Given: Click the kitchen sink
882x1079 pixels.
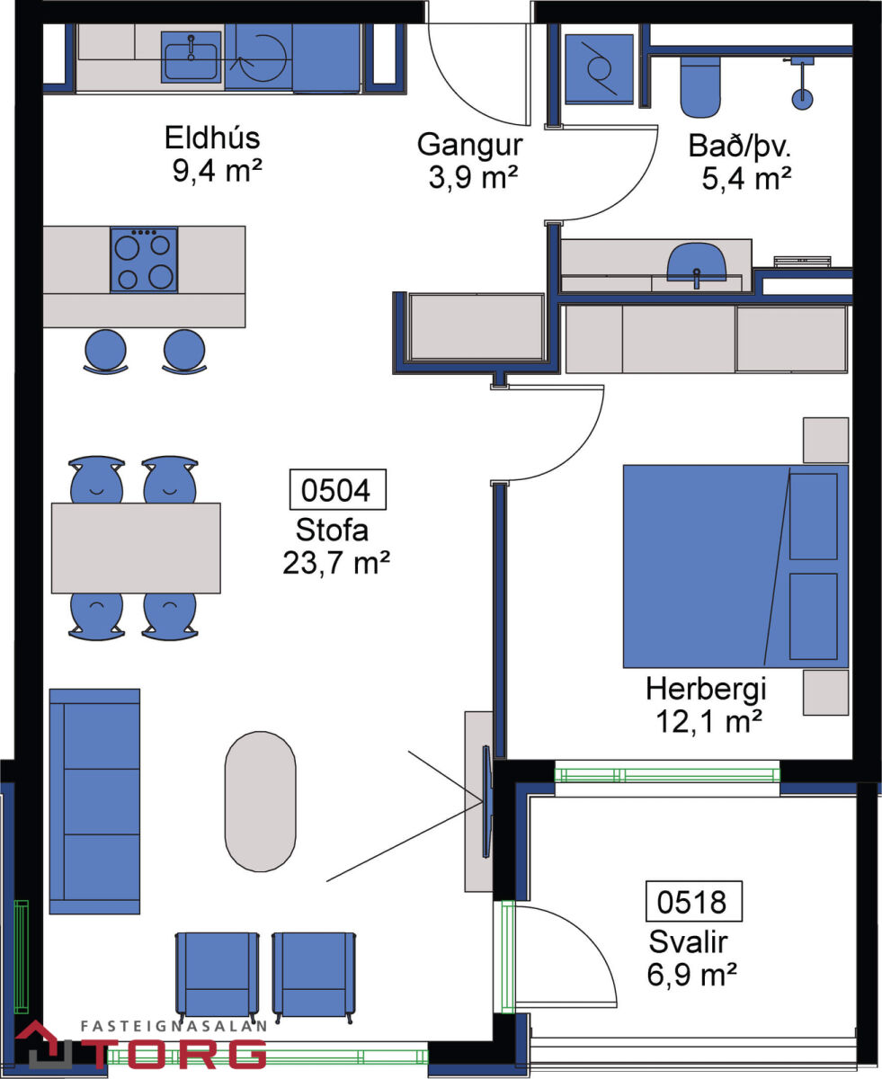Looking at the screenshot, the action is pos(191,57).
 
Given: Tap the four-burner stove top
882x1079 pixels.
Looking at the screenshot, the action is pos(144,260).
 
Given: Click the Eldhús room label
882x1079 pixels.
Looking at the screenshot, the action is pos(212,138).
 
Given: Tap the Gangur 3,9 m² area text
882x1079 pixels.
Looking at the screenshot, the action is pos(473,177).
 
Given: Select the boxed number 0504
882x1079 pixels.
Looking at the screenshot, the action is pos(338,490).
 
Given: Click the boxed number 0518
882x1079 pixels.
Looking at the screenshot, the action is pos(694,902).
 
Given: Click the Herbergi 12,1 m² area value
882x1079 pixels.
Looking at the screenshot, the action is pos(709,722).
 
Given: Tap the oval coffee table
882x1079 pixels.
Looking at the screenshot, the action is pos(261,801).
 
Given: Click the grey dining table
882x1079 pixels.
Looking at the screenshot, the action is pos(136,548).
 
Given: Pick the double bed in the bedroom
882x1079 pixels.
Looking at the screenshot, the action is pos(735,566).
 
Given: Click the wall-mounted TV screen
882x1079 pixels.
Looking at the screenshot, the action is pos(486,802).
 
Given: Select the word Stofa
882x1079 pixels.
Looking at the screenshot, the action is pos(332,530).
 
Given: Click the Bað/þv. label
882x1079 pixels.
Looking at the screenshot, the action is pos(740,146).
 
